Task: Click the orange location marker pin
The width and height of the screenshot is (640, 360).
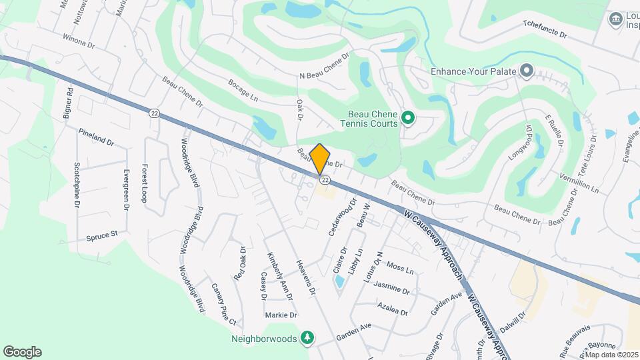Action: click(x=320, y=159)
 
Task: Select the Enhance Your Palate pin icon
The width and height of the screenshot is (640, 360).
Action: click(x=527, y=70)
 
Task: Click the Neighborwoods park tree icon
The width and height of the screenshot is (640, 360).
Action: click(x=307, y=338)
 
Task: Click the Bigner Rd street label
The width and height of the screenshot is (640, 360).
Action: click(x=67, y=103)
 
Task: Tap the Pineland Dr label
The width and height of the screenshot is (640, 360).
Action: click(x=96, y=137)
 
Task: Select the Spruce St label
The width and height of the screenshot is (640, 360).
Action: click(x=101, y=235)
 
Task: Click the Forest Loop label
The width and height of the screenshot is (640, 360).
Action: click(x=144, y=183)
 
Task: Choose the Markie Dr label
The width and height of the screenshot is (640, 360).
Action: click(x=281, y=315)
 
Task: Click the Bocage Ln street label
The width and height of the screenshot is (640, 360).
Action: click(x=243, y=94)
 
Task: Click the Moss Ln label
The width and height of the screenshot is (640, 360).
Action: click(x=400, y=267)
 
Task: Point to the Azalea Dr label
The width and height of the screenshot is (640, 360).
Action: click(x=392, y=310)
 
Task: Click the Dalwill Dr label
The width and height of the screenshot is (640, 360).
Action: click(x=513, y=323)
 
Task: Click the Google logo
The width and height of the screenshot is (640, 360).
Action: click(x=22, y=352)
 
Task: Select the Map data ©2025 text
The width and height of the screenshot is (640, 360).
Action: click(x=611, y=355)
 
